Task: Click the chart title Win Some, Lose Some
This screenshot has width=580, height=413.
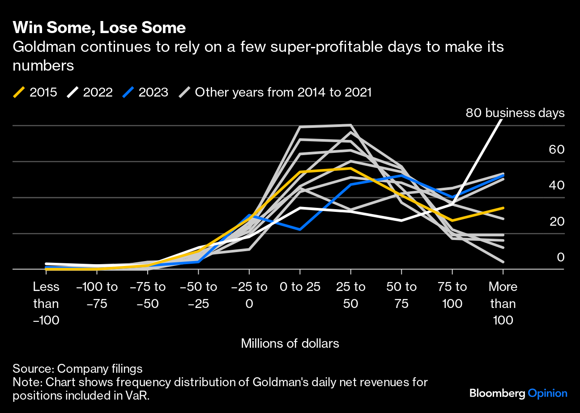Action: [x=99, y=28]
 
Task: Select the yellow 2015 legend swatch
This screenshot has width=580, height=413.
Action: [x=19, y=93]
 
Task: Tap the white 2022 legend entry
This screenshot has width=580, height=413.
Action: [x=90, y=93]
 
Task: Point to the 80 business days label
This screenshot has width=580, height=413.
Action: [x=515, y=113]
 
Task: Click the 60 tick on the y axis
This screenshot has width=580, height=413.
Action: [x=557, y=149]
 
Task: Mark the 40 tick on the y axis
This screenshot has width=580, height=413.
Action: [x=557, y=185]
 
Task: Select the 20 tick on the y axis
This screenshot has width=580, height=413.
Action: [x=557, y=221]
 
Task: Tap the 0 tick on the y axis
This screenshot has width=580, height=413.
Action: [x=560, y=257]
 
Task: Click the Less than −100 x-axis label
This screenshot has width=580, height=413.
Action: [x=46, y=303]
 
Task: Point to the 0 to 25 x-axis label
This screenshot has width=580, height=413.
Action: [x=300, y=287]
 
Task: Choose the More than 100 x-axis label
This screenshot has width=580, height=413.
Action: [x=503, y=303]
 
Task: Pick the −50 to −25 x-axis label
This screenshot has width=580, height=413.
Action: [x=198, y=295]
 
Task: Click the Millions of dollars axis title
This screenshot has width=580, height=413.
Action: [x=290, y=343]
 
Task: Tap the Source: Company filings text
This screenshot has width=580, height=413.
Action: [x=77, y=369]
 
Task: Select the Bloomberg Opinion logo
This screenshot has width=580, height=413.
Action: [x=518, y=393]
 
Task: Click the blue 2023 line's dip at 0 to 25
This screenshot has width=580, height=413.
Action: [x=300, y=229]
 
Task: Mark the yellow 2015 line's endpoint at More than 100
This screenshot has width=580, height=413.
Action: [x=503, y=208]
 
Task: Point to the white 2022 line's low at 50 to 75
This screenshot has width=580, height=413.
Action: [x=401, y=220]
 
